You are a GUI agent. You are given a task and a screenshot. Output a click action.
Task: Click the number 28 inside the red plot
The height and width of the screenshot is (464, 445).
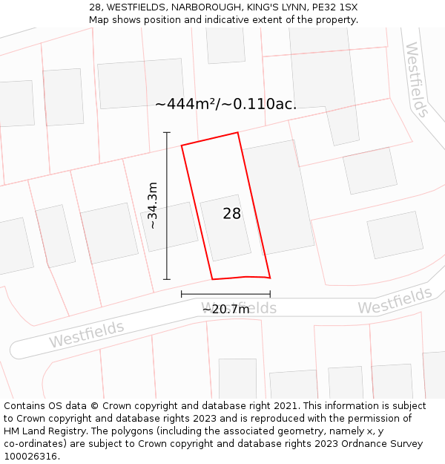coord(232,214)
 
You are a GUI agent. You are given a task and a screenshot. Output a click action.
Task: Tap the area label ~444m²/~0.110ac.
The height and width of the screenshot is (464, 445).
coord(226,104)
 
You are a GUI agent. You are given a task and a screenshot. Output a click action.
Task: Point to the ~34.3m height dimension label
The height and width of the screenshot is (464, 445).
coord(153,206)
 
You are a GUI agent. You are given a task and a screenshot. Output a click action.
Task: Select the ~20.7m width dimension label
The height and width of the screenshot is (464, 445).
coord(226,310)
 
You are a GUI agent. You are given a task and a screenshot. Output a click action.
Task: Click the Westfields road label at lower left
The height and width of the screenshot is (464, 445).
coord(87,335)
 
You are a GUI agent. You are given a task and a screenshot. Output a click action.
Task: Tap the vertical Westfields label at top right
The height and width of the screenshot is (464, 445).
coord(416,79)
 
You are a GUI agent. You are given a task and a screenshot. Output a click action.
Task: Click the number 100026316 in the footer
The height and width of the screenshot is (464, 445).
coord(30,457)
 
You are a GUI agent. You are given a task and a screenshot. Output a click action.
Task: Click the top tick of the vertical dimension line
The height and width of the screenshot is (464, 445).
coord(167,132)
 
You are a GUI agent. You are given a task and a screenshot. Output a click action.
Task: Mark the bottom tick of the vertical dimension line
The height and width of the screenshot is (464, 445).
coord(167,280)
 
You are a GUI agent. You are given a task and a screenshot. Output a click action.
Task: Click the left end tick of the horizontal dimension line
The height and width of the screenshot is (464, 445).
coord(182,295)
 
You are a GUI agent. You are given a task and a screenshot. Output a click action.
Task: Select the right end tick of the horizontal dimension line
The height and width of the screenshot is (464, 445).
coord(270,295)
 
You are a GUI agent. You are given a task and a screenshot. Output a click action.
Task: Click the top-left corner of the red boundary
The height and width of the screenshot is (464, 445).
coord(182,145)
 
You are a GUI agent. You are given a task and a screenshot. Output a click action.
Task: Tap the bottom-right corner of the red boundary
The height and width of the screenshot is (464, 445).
coord(269,277)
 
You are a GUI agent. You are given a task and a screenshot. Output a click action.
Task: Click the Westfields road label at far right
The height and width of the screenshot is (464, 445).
coord(395,301)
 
